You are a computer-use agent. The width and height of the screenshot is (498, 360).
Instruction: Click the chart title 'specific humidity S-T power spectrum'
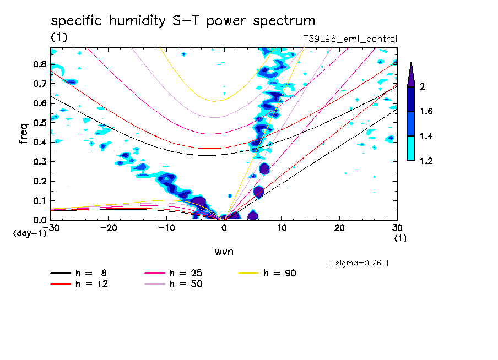coord(183,21)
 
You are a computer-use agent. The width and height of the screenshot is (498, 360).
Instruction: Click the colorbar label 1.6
coord(426,112)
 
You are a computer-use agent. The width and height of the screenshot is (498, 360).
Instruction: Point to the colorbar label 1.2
coord(426,161)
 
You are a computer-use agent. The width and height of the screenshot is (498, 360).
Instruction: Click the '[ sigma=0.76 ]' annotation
coord(358,263)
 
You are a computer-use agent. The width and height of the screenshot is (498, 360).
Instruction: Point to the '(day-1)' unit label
coord(29,233)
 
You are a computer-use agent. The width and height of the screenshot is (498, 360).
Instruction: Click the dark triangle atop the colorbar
coord(411,75)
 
